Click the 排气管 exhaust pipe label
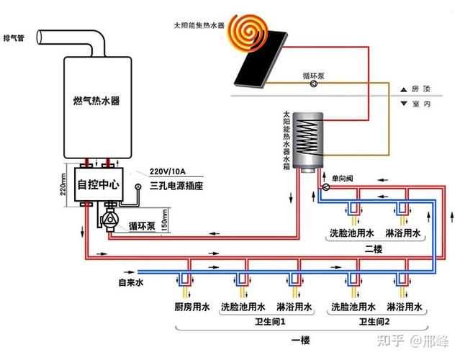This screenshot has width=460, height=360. pyautogui.click(x=15, y=37)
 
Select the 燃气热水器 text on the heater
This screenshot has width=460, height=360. pyautogui.click(x=96, y=101)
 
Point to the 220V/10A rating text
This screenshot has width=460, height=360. pyautogui.click(x=167, y=171)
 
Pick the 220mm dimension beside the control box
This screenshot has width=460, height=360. pyautogui.click(x=63, y=186)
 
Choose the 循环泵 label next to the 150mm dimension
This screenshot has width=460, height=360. pyautogui.click(x=142, y=226)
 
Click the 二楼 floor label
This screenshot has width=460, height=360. pyautogui.click(x=373, y=248)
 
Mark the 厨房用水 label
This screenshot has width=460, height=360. pyautogui.click(x=191, y=307)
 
